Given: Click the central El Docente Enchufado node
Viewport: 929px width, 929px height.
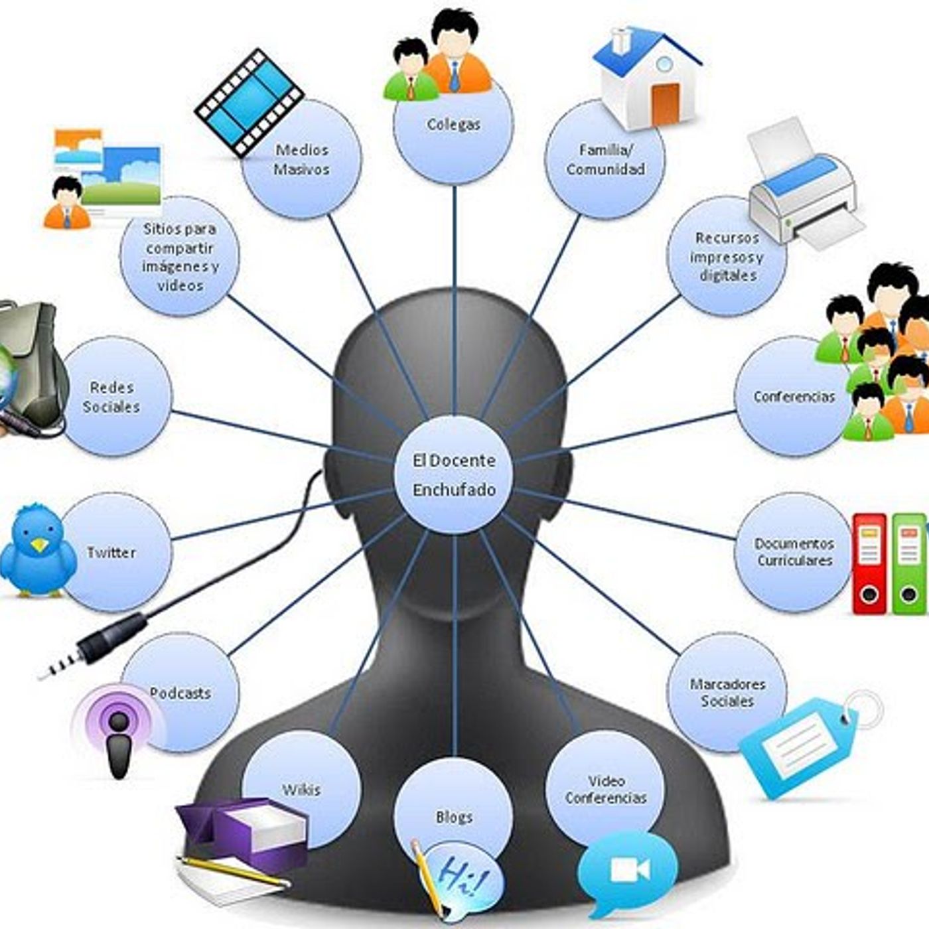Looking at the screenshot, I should pyautogui.click(x=454, y=475).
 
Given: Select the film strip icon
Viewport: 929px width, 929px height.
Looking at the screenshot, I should pyautogui.click(x=249, y=103).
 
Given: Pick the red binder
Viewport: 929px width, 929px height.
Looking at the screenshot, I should pyautogui.click(x=869, y=564).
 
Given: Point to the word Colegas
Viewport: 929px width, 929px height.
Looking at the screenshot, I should pyautogui.click(x=454, y=124).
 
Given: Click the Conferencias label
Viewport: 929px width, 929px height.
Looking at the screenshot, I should pyautogui.click(x=794, y=397).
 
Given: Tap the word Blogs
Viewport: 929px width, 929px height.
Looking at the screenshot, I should pyautogui.click(x=454, y=817).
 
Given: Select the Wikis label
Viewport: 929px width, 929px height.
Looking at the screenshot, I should pyautogui.click(x=301, y=790).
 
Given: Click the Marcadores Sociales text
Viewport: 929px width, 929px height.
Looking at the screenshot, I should pyautogui.click(x=727, y=693).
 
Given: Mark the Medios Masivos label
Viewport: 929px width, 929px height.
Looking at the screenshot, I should pyautogui.click(x=301, y=160).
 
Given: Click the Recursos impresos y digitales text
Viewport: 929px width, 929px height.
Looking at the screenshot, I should pyautogui.click(x=727, y=256).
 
